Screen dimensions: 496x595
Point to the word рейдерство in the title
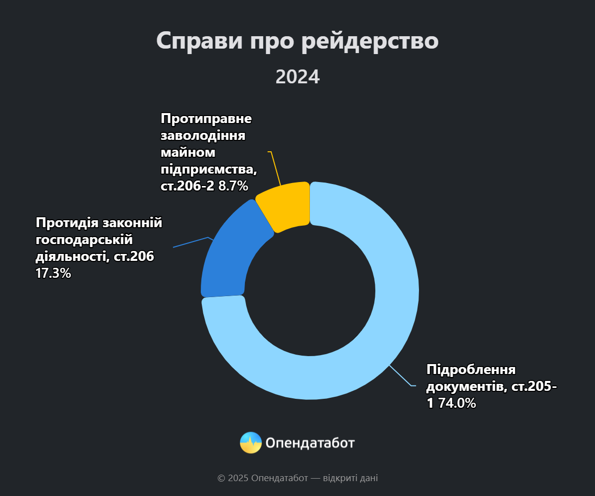coord(370,41)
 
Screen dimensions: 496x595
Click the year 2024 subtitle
coord(297,77)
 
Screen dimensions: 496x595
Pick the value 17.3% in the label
coord(54,273)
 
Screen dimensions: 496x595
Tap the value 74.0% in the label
coord(456,403)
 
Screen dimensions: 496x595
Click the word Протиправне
coord(206,119)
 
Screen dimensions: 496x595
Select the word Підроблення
coord(472,370)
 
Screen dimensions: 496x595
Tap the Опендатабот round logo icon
coord(251,442)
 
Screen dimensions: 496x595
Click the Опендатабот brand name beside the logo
coord(310,442)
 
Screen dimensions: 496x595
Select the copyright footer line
coord(297,478)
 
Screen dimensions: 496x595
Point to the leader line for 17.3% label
coord(191,242)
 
